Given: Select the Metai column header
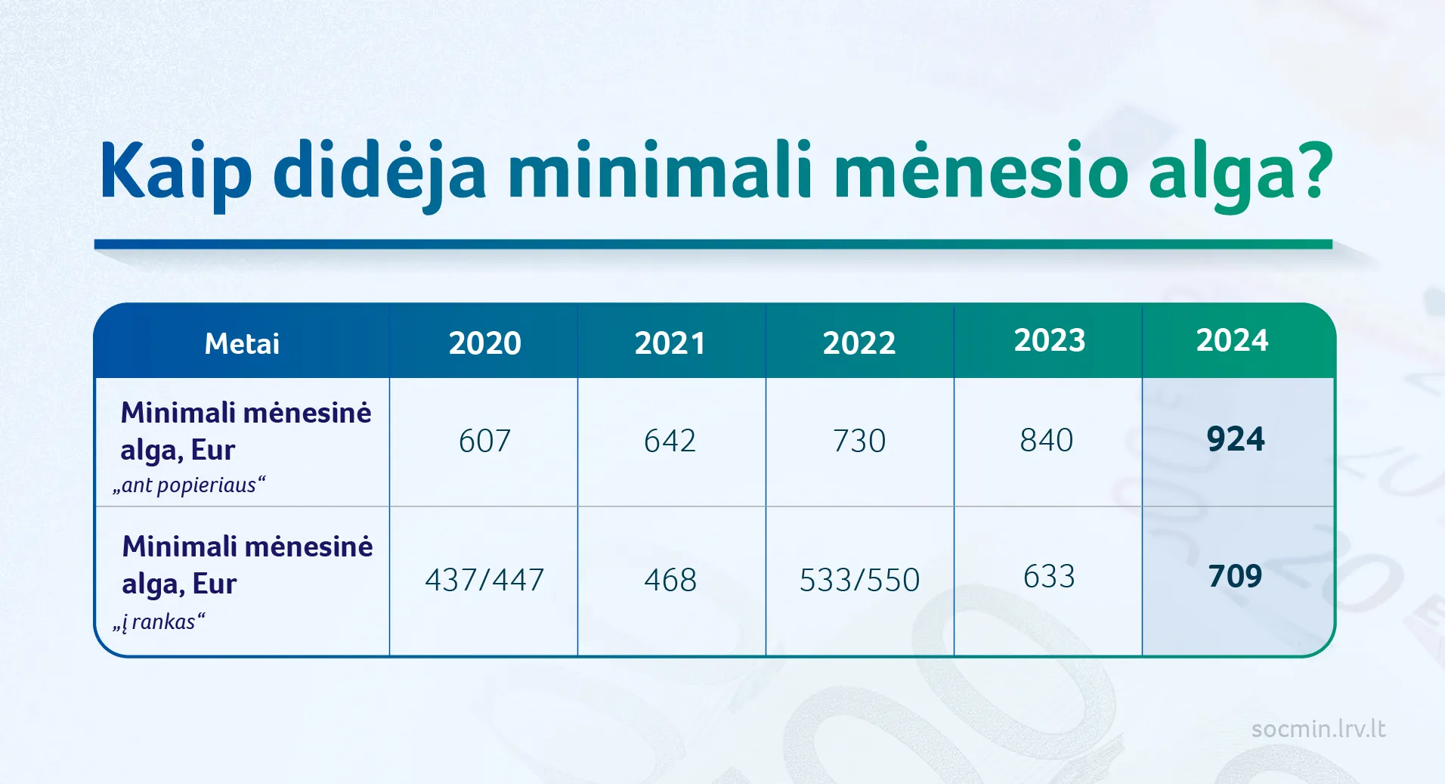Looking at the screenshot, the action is pyautogui.click(x=242, y=344).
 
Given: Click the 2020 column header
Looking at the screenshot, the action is pyautogui.click(x=485, y=343).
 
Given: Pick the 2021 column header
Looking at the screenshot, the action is pyautogui.click(x=670, y=343).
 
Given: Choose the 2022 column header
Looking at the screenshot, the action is pyautogui.click(x=859, y=343).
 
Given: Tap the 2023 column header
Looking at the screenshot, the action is pyautogui.click(x=1050, y=340).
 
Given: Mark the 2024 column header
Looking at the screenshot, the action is pyautogui.click(x=1232, y=340).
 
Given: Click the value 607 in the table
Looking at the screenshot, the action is pyautogui.click(x=485, y=441).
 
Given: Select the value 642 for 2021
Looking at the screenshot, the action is pyautogui.click(x=670, y=441).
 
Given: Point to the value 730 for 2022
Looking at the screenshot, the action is pyautogui.click(x=859, y=441).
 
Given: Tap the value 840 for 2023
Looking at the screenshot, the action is pyautogui.click(x=1047, y=440).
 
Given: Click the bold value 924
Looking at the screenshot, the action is pyautogui.click(x=1236, y=439).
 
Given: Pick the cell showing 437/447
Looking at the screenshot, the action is pyautogui.click(x=484, y=581).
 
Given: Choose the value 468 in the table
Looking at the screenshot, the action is pyautogui.click(x=670, y=581).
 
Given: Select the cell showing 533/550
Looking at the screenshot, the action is pyautogui.click(x=860, y=581).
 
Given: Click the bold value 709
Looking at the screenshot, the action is pyautogui.click(x=1236, y=577).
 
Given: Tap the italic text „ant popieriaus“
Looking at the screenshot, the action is pyautogui.click(x=189, y=485).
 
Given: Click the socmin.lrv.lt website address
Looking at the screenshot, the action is pyautogui.click(x=1319, y=729).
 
